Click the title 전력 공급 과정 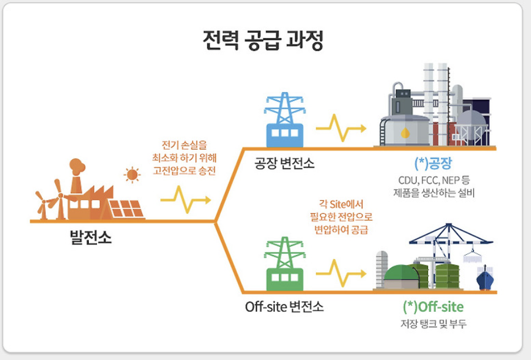coord(265,42)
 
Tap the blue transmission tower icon coord(284,121)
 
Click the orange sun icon coord(132,174)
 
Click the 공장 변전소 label coord(284,163)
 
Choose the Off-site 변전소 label coord(284,307)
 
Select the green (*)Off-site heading coord(433,307)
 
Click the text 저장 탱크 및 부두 coord(433,324)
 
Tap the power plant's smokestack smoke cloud coord(78,167)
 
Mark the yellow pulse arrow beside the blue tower coord(341,126)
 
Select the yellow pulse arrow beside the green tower coord(341,271)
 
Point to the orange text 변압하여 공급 coord(341,230)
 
